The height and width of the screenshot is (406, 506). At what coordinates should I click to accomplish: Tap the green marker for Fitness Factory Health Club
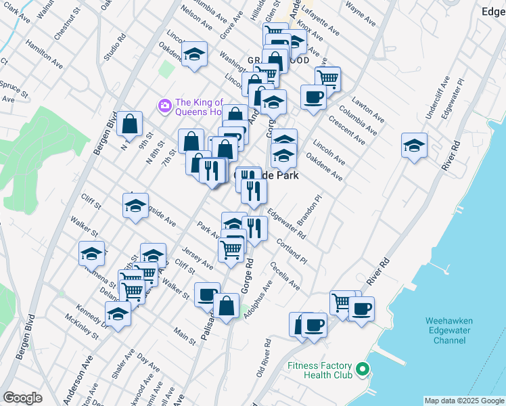coord(363,369)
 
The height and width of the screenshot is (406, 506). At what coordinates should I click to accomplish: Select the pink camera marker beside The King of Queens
coord(164,106)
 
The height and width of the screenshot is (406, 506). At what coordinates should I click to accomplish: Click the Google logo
coord(22,398)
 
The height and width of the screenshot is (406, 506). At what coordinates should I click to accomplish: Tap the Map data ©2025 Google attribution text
coord(463,401)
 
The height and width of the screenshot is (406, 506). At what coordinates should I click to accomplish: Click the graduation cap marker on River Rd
coord(414,145)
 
